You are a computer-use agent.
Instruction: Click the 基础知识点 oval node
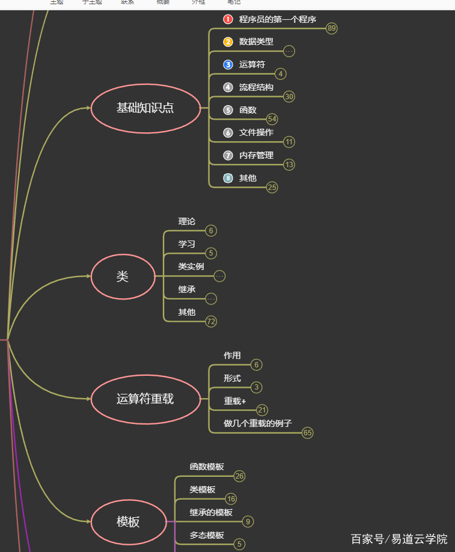[145, 108]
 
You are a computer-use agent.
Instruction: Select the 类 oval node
[123, 277]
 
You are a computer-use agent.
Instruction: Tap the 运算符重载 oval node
[145, 399]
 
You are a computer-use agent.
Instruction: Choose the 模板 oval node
[128, 522]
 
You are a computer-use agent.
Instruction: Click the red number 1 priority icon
[228, 19]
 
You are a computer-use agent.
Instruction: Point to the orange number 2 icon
[228, 42]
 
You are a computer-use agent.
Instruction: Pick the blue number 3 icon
[228, 65]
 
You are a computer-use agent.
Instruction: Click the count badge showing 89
[332, 28]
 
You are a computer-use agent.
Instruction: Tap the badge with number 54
[272, 119]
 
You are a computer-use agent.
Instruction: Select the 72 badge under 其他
[211, 322]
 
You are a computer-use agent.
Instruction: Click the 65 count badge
[308, 433]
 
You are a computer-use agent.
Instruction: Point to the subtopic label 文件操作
[256, 132]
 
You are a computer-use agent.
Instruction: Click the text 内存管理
[256, 155]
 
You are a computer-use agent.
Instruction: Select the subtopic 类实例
[191, 266]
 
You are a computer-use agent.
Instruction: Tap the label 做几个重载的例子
[258, 423]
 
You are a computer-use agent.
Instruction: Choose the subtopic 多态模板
[207, 535]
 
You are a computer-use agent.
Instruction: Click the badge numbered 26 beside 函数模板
[240, 476]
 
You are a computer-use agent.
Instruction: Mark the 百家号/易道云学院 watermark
[399, 539]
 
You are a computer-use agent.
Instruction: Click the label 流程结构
[256, 87]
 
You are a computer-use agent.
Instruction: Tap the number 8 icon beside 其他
[228, 178]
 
